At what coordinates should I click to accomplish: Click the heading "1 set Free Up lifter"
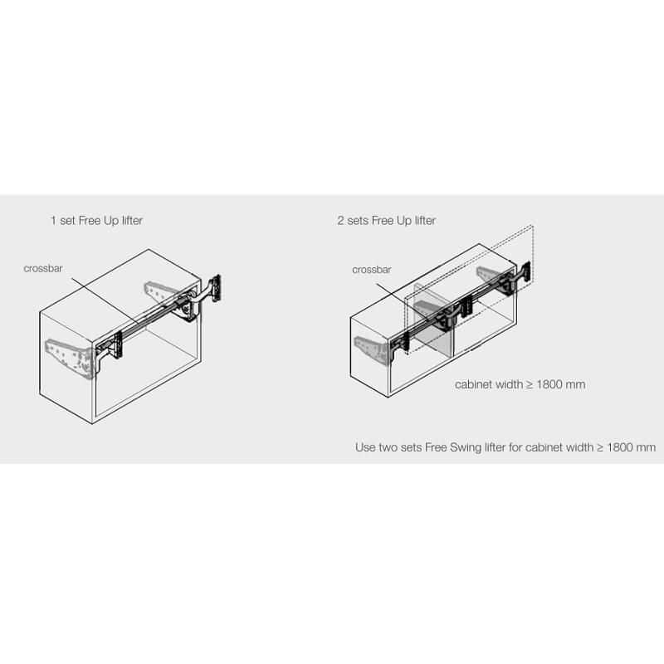click(x=96, y=221)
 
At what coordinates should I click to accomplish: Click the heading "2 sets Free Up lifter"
click(x=387, y=221)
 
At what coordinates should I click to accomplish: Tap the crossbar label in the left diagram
click(x=43, y=268)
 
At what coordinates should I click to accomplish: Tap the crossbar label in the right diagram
click(x=371, y=270)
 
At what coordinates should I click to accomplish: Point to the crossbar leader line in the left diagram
click(x=105, y=300)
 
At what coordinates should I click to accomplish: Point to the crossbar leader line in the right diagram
click(x=403, y=300)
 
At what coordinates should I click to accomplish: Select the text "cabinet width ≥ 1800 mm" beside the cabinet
click(x=520, y=384)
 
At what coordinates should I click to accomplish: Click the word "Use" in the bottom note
click(x=365, y=447)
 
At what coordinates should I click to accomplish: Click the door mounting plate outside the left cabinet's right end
click(x=217, y=288)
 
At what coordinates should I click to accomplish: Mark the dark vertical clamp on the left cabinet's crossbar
click(x=117, y=345)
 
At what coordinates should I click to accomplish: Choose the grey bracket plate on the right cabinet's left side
click(x=373, y=349)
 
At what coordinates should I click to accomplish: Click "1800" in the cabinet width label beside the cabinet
click(x=550, y=384)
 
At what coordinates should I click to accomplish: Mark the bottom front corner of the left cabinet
click(x=92, y=423)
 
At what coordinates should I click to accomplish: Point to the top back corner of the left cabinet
click(x=149, y=250)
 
